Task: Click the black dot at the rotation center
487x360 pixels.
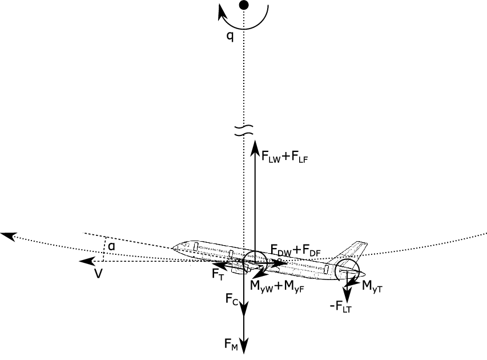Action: (244, 5)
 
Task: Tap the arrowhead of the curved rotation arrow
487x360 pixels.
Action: (223, 12)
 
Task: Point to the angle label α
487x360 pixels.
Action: (111, 246)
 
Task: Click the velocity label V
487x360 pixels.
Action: (98, 274)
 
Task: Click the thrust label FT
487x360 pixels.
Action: (218, 273)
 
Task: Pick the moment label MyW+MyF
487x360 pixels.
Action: (277, 286)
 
